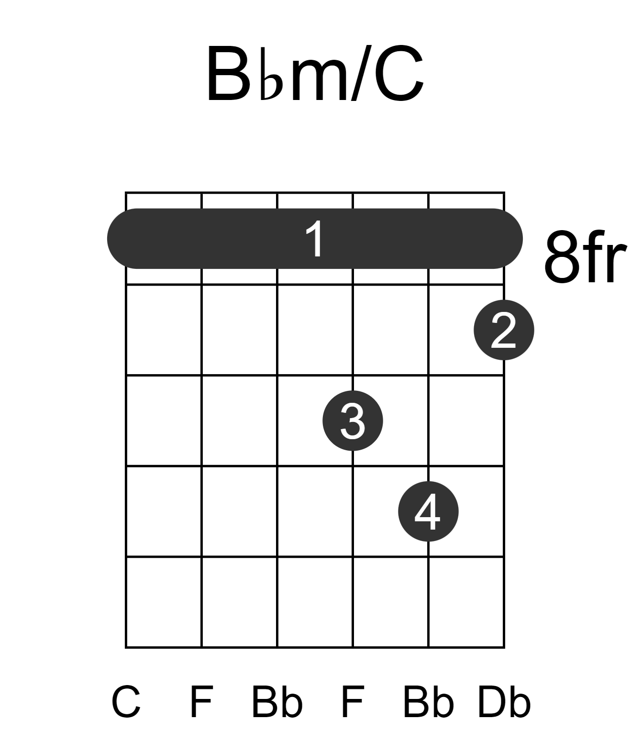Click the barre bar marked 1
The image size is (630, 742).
pyautogui.click(x=315, y=238)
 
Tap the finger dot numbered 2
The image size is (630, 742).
pyautogui.click(x=504, y=330)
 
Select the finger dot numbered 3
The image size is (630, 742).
pyautogui.click(x=353, y=421)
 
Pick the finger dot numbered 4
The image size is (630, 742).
pyautogui.click(x=428, y=511)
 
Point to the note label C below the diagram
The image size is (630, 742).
pyautogui.click(x=126, y=702)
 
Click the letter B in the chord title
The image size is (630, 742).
pyautogui.click(x=228, y=73)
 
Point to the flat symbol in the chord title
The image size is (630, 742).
pyautogui.click(x=271, y=73)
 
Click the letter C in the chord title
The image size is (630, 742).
pyautogui.click(x=399, y=73)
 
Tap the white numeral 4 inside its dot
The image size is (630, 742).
pyautogui.click(x=428, y=511)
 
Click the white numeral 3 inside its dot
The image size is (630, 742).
pyautogui.click(x=353, y=421)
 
